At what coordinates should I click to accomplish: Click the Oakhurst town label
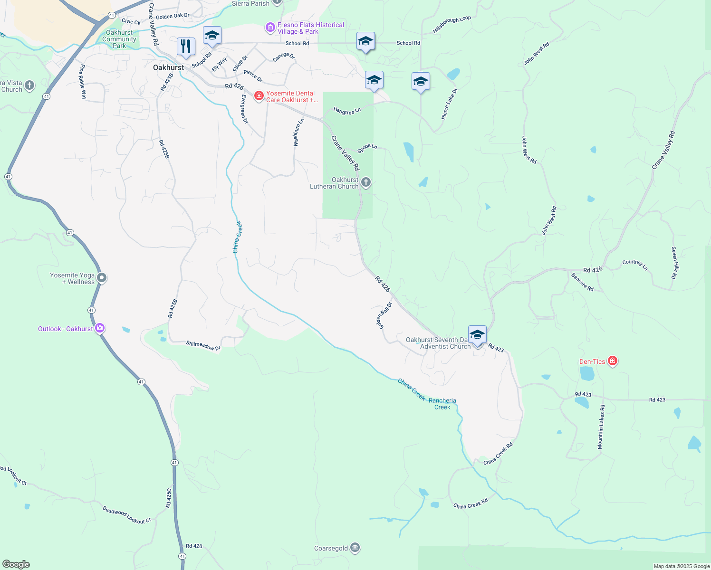click(x=168, y=67)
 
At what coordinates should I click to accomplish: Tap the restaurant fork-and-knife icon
click(x=186, y=47)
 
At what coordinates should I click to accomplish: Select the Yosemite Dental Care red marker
click(x=259, y=96)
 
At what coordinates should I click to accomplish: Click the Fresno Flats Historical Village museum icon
click(x=270, y=28)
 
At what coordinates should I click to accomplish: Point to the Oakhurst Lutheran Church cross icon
click(x=365, y=182)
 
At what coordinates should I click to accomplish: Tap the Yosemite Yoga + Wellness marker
click(x=101, y=278)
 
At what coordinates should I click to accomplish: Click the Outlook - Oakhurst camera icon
click(x=100, y=328)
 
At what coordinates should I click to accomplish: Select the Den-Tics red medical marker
click(x=613, y=361)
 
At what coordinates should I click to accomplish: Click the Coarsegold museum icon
click(x=355, y=548)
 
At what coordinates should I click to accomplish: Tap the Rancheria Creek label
click(x=442, y=404)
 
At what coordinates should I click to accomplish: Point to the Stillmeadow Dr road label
click(x=203, y=345)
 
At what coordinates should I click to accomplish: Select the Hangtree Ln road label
click(x=347, y=111)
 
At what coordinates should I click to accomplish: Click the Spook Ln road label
click(x=367, y=148)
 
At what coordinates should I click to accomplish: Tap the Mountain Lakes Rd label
click(x=601, y=427)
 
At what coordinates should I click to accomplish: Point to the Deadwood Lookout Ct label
click(x=126, y=515)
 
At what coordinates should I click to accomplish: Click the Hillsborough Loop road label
click(x=452, y=25)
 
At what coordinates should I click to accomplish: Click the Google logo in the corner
click(x=16, y=564)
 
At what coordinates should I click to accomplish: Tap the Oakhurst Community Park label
click(x=119, y=39)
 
